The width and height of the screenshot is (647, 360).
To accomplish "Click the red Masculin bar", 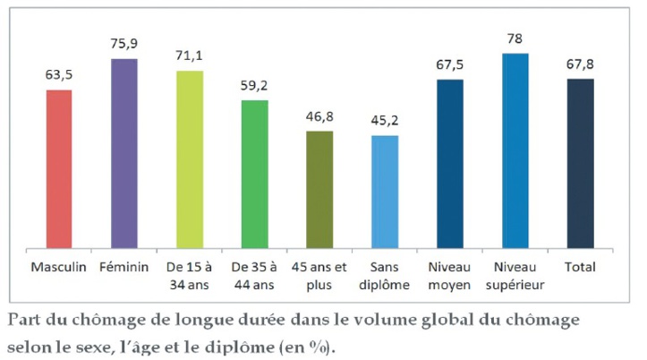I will click(x=59, y=168).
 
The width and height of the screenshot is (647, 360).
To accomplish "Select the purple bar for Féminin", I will click(x=124, y=153).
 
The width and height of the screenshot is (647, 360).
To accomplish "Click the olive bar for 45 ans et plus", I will click(x=319, y=189).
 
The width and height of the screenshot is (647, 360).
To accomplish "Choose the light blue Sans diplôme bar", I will click(x=385, y=192).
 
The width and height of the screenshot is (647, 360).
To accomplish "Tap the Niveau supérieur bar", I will click(x=515, y=150).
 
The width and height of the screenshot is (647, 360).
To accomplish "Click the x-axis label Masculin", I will click(x=59, y=267).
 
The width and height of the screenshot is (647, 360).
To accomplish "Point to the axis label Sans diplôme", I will click(x=385, y=275).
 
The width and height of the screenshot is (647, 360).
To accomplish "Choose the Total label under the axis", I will click(x=580, y=267).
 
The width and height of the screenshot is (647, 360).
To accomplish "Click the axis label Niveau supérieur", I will click(x=515, y=275).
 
